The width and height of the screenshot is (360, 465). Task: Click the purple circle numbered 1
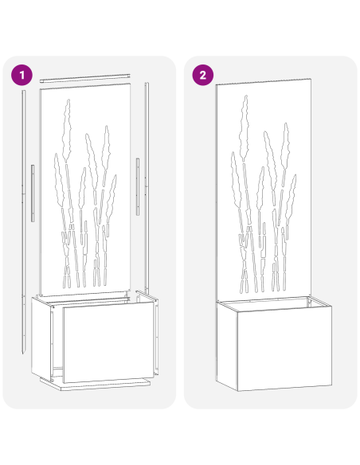(x=22, y=75)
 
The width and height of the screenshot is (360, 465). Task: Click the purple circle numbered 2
(x=203, y=75)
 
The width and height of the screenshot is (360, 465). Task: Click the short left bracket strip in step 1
(x=33, y=193)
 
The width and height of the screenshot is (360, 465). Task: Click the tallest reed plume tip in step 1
(x=68, y=104)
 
